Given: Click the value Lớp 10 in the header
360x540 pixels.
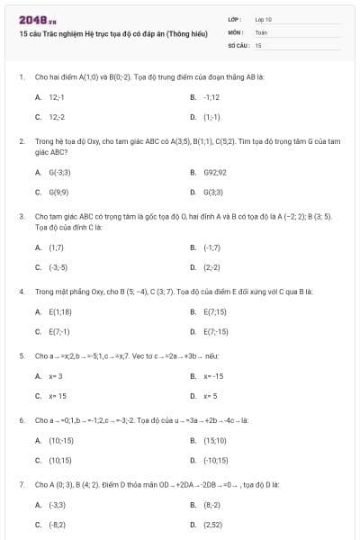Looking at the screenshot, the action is tap(263, 19).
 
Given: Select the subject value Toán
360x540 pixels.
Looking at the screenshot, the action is tap(261, 31).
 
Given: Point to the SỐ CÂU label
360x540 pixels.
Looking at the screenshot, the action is tap(238, 44).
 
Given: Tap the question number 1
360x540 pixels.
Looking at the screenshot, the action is tap(21, 77).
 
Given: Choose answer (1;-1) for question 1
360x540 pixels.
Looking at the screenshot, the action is tap(211, 117).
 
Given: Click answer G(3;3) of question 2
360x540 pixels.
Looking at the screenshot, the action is tap(213, 192).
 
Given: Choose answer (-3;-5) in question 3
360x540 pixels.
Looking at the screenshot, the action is tap(58, 267).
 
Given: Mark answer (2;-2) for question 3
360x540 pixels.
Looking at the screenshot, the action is tap(211, 267).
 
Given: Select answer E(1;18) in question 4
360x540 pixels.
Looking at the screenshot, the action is tap(59, 311).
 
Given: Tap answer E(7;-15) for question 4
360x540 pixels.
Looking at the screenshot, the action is tap(216, 331).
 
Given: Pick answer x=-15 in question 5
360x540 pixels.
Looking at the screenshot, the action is tap(212, 375).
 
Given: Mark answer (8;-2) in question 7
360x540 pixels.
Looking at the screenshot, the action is tap(211, 505).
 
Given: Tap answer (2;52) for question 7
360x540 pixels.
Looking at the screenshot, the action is tap(212, 525).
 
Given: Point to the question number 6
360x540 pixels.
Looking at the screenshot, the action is tap(21, 420).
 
